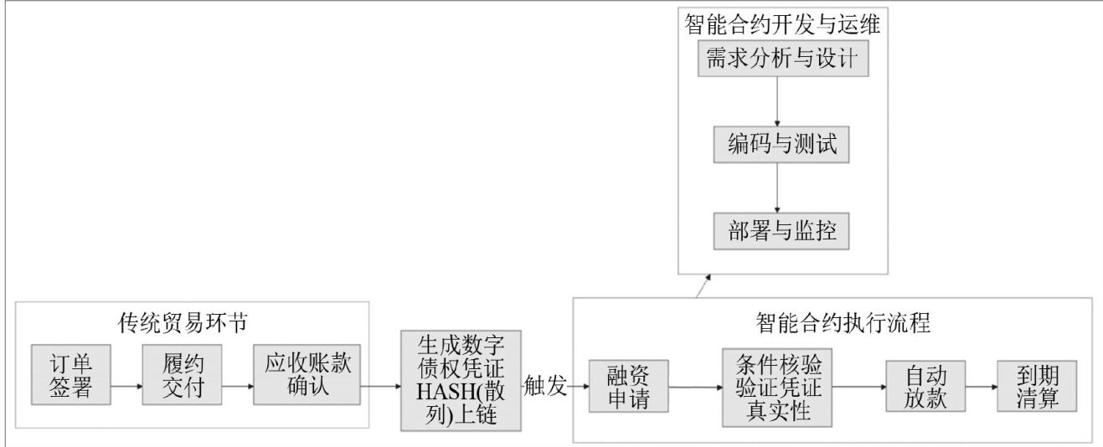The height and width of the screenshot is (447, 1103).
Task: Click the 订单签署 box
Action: [x=71, y=375]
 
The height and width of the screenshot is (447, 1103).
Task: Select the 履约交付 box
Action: [x=183, y=375]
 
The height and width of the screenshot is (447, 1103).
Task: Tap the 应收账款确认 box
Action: [x=307, y=375]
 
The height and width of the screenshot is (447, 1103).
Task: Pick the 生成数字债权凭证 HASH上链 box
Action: [x=461, y=381]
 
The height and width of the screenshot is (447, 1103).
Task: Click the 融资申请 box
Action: [x=629, y=386]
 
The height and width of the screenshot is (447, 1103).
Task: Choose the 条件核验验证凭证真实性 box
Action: [x=777, y=388]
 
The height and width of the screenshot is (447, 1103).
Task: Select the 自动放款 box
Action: [x=925, y=386]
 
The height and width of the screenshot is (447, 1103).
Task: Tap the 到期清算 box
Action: [x=1037, y=386]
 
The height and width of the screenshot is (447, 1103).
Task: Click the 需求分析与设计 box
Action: [x=783, y=59]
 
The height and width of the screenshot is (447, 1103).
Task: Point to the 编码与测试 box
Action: [x=781, y=145]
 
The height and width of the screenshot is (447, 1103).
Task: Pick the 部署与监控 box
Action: [x=781, y=231]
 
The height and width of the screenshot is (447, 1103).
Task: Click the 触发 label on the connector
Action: [x=545, y=385]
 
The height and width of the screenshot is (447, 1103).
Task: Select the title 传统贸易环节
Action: [x=183, y=323]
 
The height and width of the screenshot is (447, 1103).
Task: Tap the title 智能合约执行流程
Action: [x=843, y=323]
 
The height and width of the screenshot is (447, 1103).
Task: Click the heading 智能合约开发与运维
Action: [x=782, y=24]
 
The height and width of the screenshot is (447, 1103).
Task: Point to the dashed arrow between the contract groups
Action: [x=704, y=286]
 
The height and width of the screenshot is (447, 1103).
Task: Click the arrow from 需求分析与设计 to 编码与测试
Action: [x=777, y=101]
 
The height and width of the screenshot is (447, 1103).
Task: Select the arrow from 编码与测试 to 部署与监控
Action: [x=777, y=188]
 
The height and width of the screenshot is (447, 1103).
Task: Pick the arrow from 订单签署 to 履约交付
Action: [x=126, y=387]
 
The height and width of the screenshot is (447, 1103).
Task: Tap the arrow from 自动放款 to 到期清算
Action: [x=982, y=387]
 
